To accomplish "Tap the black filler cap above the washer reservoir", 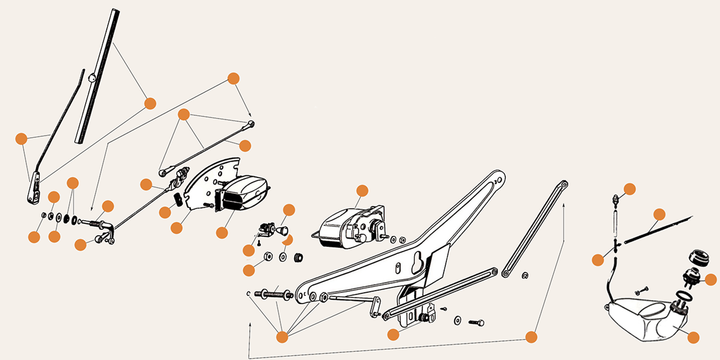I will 699,257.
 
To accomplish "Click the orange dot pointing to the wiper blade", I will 150,103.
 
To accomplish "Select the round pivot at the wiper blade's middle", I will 92,78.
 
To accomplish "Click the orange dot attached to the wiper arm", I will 21,139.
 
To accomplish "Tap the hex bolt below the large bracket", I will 476,323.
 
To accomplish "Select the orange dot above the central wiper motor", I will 362,191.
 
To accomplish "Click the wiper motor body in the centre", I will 346,227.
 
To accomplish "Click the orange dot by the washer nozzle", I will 630,189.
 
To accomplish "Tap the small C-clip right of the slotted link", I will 525,275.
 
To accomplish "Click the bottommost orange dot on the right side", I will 693,337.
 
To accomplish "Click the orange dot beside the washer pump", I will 711,280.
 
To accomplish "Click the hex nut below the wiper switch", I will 267,256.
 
